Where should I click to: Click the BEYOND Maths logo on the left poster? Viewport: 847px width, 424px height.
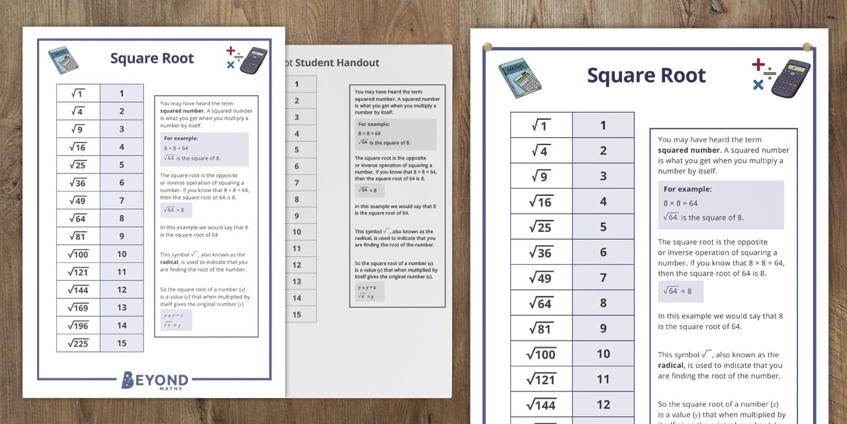(155, 380)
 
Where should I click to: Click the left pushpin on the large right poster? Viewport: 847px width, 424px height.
(488, 46)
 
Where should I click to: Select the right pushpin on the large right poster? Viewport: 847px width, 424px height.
(807, 46)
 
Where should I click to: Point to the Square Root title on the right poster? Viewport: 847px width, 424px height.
(646, 76)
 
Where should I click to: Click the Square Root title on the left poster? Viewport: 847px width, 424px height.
(152, 58)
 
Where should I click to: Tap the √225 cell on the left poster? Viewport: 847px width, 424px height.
(78, 343)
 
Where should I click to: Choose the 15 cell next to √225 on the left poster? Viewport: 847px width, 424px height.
(122, 343)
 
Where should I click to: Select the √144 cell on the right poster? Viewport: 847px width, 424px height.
(541, 404)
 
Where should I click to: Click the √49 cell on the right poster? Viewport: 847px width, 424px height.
(541, 278)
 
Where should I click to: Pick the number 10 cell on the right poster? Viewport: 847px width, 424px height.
(603, 354)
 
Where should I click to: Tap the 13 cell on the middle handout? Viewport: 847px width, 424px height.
(296, 282)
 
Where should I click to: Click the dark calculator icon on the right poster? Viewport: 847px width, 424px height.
(790, 78)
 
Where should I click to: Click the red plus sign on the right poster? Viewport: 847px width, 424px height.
(758, 64)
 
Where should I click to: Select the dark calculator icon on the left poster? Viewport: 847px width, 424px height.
(253, 60)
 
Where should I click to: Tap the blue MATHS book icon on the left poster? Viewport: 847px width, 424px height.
(64, 60)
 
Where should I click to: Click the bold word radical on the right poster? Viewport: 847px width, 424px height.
(672, 365)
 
